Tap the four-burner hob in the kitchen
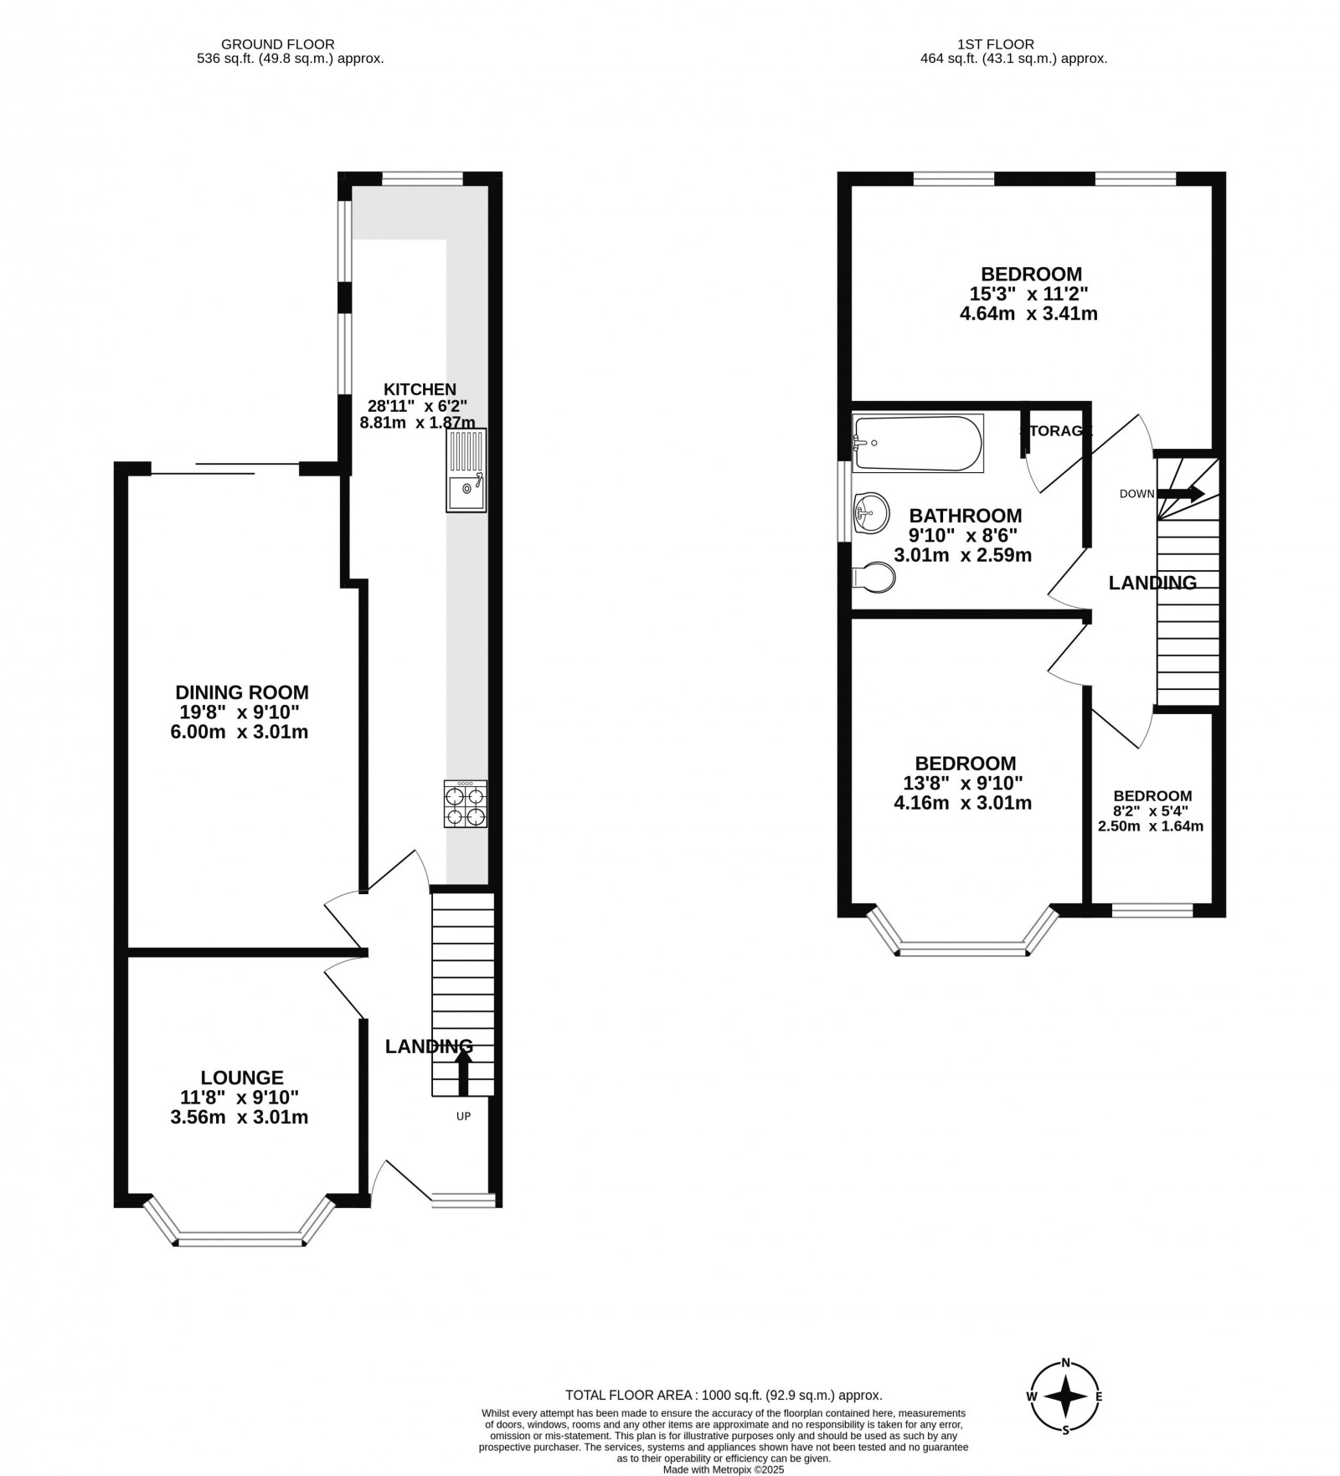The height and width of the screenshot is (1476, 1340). [x=466, y=805]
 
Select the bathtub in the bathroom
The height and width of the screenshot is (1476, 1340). [x=917, y=443]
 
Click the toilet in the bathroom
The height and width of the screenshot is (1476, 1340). [x=873, y=577]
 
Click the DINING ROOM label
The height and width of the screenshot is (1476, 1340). [x=241, y=692]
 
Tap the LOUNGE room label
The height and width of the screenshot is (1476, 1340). [x=242, y=1077]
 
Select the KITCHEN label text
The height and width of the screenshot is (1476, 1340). [x=420, y=388]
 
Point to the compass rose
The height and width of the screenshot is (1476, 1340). [x=1065, y=1396]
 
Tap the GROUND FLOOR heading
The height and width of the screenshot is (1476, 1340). [x=277, y=44]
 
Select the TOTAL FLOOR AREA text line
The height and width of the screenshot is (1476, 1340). [x=724, y=1395]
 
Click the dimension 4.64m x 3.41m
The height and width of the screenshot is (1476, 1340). [x=1028, y=314]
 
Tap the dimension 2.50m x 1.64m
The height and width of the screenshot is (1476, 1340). [x=1151, y=826]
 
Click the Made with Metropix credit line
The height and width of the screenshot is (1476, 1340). [x=723, y=1469]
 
